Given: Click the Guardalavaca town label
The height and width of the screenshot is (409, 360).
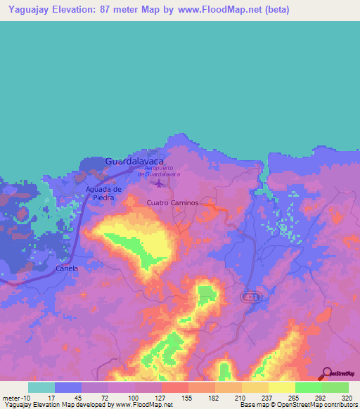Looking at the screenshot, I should [x=134, y=161].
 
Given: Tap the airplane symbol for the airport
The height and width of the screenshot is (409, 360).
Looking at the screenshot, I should [x=160, y=184].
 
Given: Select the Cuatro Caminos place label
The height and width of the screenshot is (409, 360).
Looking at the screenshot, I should [x=173, y=202].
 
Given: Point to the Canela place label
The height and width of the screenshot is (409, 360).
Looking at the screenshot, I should [x=67, y=268].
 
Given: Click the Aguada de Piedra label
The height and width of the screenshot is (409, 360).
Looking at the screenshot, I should [x=104, y=193].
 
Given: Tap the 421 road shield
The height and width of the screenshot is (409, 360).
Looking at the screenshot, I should [x=250, y=297].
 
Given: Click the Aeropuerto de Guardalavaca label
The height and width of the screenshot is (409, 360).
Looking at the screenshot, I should [x=162, y=171].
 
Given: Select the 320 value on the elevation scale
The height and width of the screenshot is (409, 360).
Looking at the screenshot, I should [x=346, y=397].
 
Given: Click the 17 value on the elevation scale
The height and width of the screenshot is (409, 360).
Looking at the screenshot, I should [x=52, y=397].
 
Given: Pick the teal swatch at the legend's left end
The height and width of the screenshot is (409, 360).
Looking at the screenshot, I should [x=41, y=387].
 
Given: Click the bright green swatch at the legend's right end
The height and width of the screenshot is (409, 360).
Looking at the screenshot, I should [x=335, y=387].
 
